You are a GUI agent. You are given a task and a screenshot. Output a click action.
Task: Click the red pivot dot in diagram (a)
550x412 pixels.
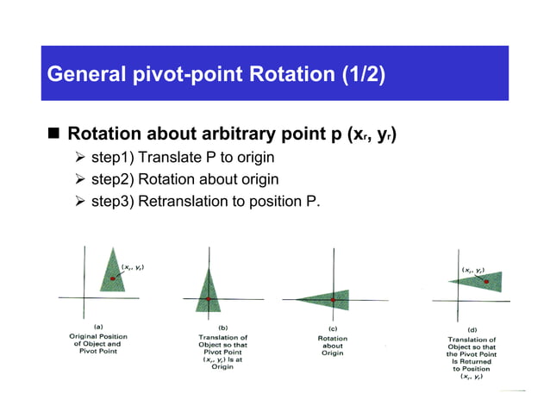(112, 278)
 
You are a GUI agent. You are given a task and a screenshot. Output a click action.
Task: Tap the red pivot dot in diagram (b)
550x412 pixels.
(208, 298)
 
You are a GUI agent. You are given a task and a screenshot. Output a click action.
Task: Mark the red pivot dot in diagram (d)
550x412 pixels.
(487, 281)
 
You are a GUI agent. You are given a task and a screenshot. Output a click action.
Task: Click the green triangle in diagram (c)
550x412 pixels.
(331, 299)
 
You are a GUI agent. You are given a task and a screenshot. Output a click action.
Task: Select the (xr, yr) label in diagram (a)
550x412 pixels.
(132, 267)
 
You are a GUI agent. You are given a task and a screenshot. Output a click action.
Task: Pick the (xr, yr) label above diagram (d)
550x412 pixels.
(472, 268)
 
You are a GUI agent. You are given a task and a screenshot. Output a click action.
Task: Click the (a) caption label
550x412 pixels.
(98, 327)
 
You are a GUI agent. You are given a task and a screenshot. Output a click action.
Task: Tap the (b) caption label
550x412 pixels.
(223, 328)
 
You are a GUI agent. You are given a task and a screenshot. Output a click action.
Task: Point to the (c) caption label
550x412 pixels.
(332, 328)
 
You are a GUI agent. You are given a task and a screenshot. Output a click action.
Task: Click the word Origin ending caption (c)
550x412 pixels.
(332, 353)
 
